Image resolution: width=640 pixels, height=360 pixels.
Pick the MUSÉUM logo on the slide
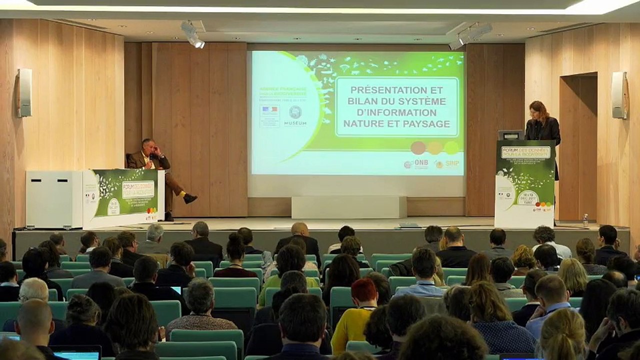(295, 115)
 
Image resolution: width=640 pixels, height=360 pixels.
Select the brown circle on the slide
(418, 147)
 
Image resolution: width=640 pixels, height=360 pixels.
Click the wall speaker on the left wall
(24, 92)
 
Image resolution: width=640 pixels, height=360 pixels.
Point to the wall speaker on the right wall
(619, 95)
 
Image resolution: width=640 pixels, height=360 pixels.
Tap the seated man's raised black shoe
(190, 198)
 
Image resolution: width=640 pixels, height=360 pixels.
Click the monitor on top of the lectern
(510, 134)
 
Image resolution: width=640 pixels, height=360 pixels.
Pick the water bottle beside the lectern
(585, 220)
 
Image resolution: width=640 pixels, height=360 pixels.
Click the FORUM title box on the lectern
(525, 152)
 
